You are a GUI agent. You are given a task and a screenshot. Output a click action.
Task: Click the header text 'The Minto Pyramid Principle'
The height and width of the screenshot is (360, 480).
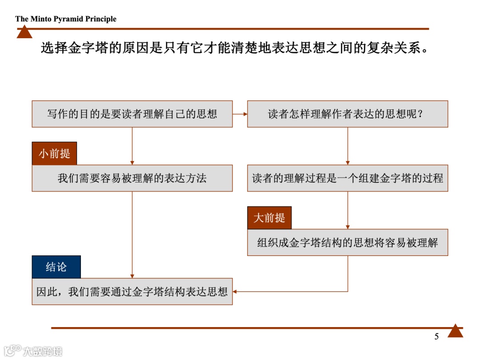[66, 19]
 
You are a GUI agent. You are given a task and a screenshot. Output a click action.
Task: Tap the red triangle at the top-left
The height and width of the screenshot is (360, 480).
[24, 32]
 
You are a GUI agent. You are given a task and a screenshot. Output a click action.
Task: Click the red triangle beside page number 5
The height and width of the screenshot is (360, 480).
[455, 331]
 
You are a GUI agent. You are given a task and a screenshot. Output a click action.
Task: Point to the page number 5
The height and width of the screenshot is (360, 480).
[436, 336]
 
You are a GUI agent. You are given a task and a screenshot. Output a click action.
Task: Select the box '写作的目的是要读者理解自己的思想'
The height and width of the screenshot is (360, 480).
[132, 114]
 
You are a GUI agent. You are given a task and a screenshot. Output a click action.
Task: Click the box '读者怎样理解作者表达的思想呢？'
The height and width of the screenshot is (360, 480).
[347, 114]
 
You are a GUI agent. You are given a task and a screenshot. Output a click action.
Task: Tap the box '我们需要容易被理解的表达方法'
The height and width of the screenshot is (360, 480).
[132, 178]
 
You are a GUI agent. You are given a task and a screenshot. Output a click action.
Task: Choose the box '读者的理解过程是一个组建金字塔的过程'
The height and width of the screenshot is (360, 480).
[347, 178]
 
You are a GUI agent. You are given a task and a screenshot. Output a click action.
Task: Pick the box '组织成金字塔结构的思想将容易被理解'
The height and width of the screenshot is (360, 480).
[347, 243]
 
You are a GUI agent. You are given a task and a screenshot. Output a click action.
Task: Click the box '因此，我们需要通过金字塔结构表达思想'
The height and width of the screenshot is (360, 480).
[132, 292]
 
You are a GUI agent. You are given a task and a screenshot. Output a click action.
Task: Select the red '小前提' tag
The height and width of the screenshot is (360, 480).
[54, 154]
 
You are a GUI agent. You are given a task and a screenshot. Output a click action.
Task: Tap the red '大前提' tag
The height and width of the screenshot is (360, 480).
[269, 218]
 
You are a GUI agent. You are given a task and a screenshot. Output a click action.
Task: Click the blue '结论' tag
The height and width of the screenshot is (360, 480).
[56, 267]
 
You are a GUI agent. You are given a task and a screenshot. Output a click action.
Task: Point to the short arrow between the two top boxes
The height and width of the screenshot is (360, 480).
[240, 114]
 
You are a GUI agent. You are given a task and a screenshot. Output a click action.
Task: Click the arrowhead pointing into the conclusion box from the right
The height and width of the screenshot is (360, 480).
[235, 292]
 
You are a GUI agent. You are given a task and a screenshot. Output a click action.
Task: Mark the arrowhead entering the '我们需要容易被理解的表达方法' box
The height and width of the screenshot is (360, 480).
[132, 163]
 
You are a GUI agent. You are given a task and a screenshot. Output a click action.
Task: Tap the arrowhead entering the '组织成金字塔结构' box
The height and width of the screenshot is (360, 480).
[348, 227]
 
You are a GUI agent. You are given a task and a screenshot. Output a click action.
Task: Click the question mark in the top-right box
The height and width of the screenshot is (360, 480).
[420, 114]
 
